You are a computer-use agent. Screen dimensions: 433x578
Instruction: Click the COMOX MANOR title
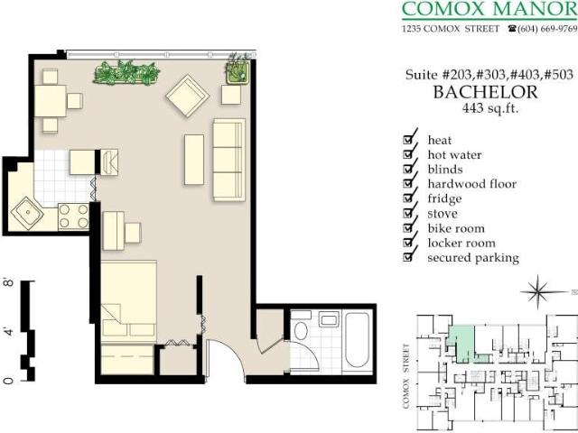tap(484, 10)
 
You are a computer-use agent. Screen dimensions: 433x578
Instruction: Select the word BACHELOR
tap(485, 92)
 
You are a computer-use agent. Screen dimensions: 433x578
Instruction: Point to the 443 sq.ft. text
tap(485, 109)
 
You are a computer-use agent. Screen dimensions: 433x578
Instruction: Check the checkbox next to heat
tap(410, 139)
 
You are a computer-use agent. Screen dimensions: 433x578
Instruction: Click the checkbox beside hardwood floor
tap(410, 183)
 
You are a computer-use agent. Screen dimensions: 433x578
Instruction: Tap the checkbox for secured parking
tap(410, 257)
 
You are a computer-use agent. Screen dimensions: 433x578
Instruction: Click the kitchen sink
tap(27, 215)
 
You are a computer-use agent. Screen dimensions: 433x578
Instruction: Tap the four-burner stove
tap(73, 216)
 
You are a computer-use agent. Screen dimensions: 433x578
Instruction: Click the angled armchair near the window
tap(187, 96)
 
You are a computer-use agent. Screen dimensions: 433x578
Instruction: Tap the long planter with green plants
tap(126, 72)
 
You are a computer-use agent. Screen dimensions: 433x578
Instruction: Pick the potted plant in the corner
tap(238, 68)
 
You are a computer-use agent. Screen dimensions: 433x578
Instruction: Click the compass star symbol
tap(539, 291)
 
